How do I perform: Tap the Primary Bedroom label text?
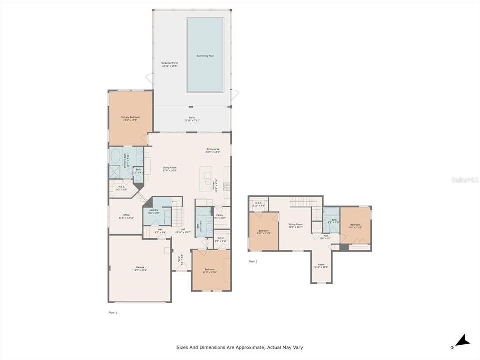[129, 118]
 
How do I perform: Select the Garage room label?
[140, 268]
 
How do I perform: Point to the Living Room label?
[169, 169]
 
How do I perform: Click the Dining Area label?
[213, 150]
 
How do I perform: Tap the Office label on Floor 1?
[123, 216]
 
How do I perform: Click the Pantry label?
[219, 216]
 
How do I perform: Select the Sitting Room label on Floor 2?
[296, 226]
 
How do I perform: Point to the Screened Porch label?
[170, 64]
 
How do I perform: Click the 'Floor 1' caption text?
[113, 312]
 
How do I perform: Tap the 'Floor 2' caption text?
[253, 261]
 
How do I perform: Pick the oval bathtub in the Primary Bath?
[115, 154]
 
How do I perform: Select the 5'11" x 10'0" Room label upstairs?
[321, 266]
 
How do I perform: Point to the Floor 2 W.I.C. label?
[259, 204]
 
